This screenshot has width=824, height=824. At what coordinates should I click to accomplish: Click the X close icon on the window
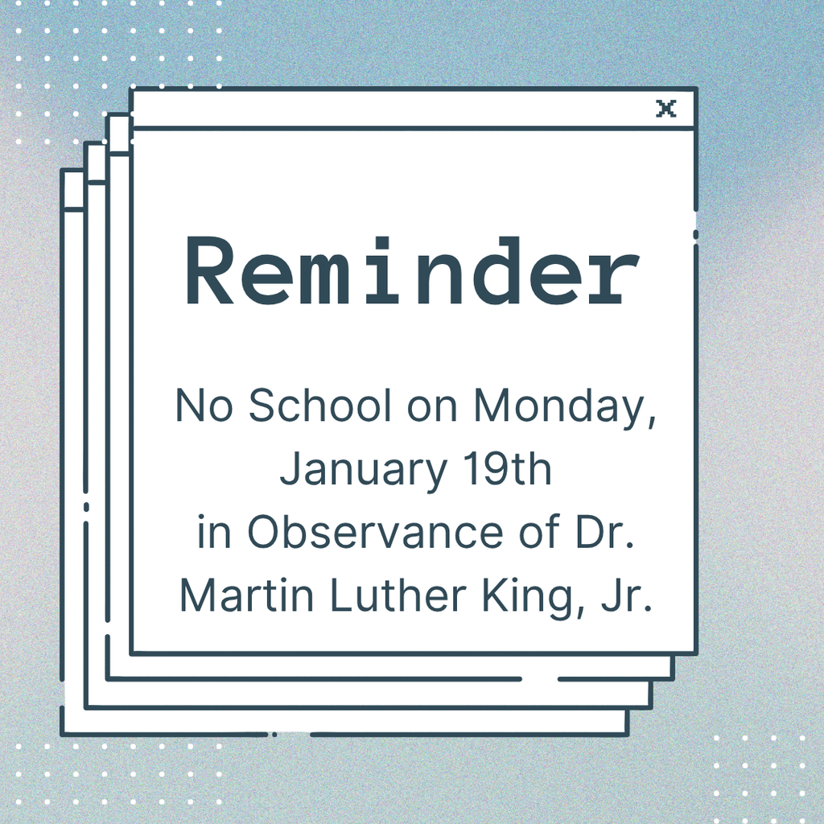tap(665, 109)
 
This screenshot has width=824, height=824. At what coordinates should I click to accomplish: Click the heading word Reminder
tap(412, 270)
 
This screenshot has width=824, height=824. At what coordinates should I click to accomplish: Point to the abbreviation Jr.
tap(625, 596)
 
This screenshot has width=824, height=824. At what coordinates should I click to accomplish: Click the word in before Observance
tap(213, 532)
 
